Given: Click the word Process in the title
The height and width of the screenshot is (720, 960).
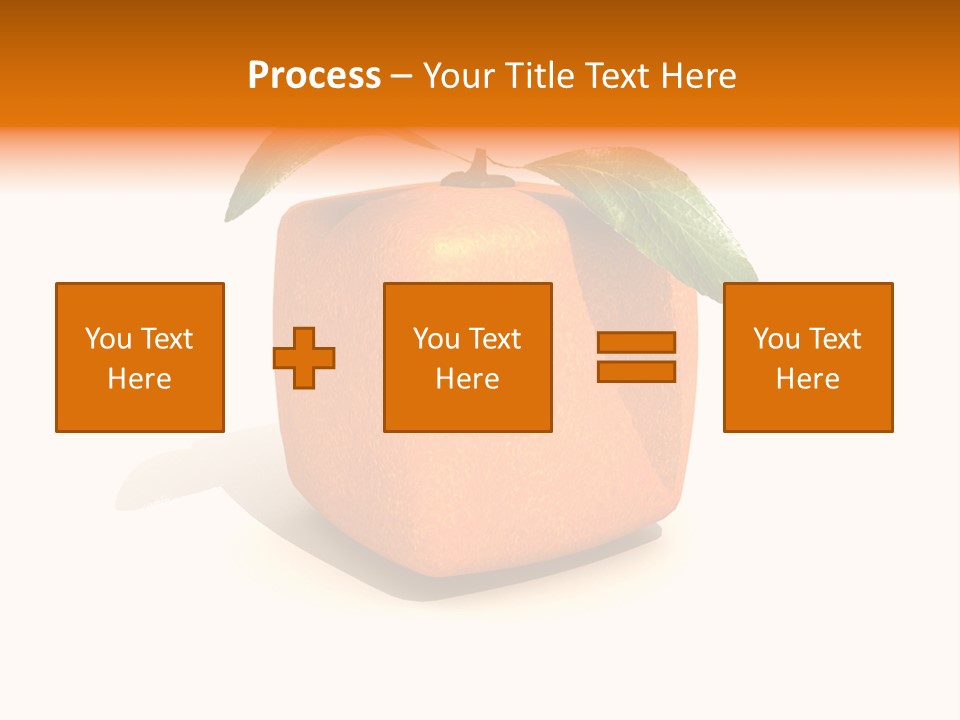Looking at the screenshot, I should point(314,76).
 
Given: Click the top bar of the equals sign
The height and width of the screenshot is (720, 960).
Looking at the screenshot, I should point(636,342).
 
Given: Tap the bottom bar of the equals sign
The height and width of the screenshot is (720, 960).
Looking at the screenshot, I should point(636,371).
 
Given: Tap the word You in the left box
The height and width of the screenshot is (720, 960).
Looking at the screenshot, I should point(108,339).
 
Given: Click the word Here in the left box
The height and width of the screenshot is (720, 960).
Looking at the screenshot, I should point(140,379).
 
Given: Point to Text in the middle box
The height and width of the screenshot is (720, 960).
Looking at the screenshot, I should point(495,339).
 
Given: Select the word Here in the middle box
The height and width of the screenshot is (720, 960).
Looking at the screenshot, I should point(467,379).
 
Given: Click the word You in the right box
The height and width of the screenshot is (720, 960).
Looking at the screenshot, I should point(776,339).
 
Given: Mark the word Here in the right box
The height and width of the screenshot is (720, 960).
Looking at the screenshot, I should point(808,379).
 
